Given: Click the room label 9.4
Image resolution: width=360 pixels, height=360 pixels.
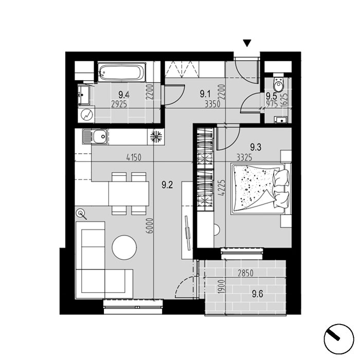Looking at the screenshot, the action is click(x=124, y=94).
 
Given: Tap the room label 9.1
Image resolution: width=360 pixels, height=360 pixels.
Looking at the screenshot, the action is click(x=205, y=94).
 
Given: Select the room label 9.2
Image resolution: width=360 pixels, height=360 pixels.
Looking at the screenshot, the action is click(x=167, y=185).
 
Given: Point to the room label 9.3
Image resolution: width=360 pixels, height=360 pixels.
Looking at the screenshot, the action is click(x=256, y=147).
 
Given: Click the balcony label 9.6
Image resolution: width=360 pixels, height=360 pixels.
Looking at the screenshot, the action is click(x=258, y=294).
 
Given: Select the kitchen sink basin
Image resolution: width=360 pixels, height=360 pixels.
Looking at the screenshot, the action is click(x=100, y=137).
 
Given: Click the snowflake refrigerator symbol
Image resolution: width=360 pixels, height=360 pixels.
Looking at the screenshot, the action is click(x=156, y=137).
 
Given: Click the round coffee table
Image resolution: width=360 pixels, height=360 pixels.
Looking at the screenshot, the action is click(x=124, y=247).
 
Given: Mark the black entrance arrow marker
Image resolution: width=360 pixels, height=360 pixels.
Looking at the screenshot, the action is click(x=247, y=43).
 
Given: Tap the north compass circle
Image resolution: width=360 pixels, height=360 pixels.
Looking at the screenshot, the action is click(x=338, y=339).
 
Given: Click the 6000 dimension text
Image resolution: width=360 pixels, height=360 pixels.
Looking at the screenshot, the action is click(x=150, y=226).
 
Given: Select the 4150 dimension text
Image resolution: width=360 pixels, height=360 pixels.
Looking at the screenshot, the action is click(x=134, y=158).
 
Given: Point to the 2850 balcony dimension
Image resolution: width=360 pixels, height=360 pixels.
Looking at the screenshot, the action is click(x=245, y=273).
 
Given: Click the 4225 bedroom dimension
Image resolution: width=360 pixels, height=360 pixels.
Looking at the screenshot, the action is click(x=222, y=188).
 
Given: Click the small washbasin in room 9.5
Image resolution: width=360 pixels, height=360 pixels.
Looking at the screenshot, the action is click(x=280, y=120).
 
